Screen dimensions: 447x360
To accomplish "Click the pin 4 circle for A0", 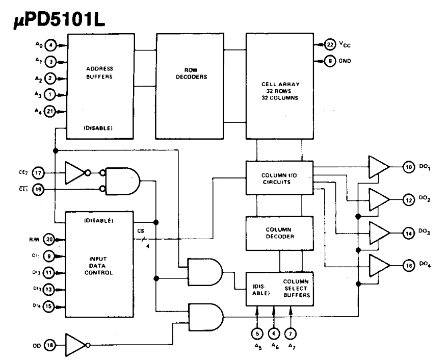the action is click(50, 45).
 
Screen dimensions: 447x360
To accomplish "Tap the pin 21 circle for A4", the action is click(50, 111).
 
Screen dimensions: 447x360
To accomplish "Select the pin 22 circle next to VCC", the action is click(330, 44).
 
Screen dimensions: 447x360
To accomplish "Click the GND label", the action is click(345, 61).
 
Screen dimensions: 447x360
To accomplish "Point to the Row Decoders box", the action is click(190, 86).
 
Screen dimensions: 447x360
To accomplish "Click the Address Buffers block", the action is click(100, 86).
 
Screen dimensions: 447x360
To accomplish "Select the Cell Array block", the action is click(280, 86).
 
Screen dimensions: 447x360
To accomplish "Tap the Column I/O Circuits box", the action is click(279, 178).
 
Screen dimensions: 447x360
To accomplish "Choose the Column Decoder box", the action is click(279, 234).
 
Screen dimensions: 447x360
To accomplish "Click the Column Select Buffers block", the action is click(279, 289).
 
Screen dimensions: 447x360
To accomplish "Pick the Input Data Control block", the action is click(99, 264).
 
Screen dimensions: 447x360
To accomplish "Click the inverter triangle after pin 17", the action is click(75, 173).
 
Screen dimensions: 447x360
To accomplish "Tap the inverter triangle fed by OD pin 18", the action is click(76, 345).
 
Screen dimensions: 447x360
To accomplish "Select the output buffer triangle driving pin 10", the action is click(379, 167).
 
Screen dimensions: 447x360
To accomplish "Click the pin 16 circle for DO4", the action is click(408, 266).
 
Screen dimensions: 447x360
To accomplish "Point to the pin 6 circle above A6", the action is click(274, 333).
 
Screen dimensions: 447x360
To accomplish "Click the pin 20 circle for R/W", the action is click(49, 239).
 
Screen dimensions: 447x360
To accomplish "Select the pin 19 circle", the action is click(38, 189).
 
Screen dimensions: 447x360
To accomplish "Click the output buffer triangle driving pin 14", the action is click(379, 233).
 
